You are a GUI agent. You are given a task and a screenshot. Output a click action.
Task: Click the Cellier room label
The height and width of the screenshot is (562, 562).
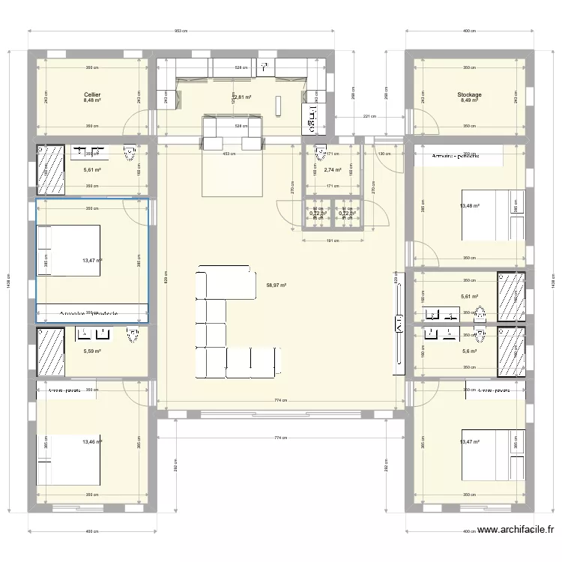click(93, 95)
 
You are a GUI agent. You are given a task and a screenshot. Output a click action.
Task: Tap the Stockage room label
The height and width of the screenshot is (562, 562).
click(470, 95)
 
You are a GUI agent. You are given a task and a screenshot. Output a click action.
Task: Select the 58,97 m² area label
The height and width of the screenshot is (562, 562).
click(276, 285)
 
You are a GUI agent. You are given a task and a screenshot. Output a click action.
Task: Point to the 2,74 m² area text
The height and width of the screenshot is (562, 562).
click(333, 170)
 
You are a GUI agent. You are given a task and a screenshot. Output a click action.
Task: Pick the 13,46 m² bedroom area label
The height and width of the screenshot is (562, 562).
click(93, 442)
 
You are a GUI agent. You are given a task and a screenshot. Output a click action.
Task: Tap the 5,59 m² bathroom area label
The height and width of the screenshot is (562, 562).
click(93, 351)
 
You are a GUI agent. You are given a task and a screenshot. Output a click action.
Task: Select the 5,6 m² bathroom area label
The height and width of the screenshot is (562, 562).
click(470, 351)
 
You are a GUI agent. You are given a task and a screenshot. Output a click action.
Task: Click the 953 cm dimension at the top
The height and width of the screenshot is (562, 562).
click(181, 31)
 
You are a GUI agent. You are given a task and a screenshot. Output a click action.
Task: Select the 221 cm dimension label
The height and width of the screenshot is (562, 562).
click(367, 117)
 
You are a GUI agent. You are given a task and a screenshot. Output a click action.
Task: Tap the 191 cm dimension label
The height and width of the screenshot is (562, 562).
click(333, 241)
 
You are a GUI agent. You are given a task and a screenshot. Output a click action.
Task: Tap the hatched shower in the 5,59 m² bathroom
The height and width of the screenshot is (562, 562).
click(50, 350)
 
